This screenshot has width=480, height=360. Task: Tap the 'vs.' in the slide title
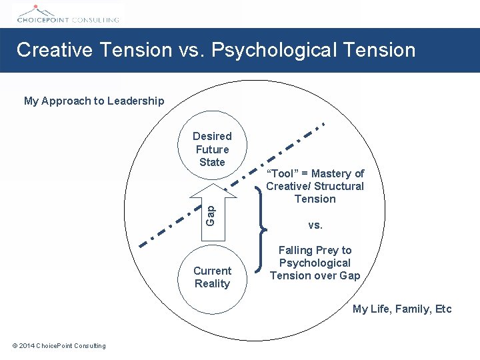[x=189, y=50]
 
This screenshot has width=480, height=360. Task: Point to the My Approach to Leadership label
[x=94, y=101]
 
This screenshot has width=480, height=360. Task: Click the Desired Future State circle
[x=212, y=149]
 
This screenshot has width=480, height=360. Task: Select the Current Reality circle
[x=212, y=277]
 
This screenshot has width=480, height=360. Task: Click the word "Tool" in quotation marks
[x=282, y=174]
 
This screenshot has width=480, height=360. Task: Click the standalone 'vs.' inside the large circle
[x=315, y=225]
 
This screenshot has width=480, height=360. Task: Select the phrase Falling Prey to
[x=315, y=251]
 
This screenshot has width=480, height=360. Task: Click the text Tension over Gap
[x=315, y=276]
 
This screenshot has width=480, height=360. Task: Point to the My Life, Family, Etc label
[x=402, y=309]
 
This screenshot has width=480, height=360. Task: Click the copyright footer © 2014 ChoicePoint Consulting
[x=59, y=345]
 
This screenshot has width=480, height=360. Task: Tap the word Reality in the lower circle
[x=212, y=284]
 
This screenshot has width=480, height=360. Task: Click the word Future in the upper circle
[x=212, y=149]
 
